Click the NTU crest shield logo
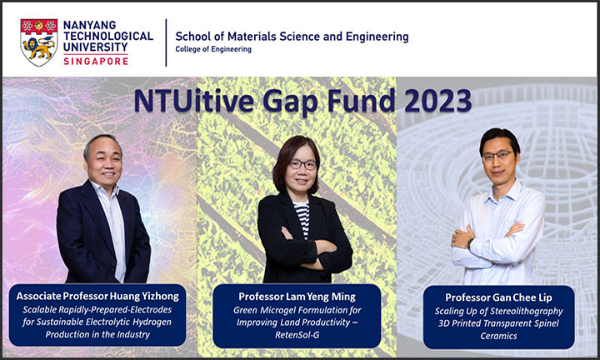[x=38, y=41]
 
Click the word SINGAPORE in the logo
[x=98, y=62]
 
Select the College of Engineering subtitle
[x=212, y=49]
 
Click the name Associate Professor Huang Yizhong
[x=97, y=294]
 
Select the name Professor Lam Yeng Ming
[x=297, y=294]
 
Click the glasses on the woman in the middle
[x=302, y=165]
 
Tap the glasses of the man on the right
[x=497, y=155]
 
